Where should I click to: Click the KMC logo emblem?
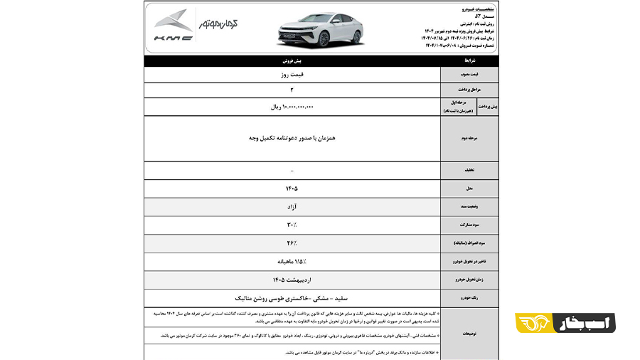pos(174,21)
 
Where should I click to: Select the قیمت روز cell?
pos(292,73)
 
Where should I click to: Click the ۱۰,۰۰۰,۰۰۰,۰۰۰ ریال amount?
pos(292,107)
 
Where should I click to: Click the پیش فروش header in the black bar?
pos(292,61)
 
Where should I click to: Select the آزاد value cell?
pos(292,206)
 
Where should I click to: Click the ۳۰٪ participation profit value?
pos(292,225)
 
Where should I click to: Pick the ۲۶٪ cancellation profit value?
pos(292,243)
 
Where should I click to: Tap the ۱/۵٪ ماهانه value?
pos(292,261)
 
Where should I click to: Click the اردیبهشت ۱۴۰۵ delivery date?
pos(292,280)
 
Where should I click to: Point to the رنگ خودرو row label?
pos(469,298)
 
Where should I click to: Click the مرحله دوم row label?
pos(469,139)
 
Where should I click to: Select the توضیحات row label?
pos(469,332)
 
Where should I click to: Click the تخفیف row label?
pos(469,171)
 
